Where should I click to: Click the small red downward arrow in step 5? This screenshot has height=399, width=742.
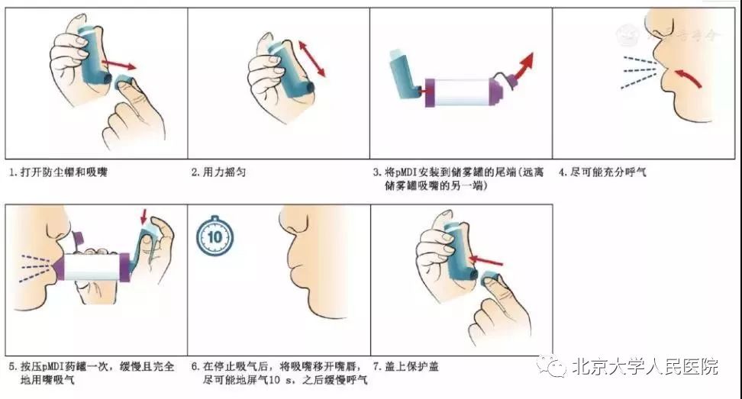click(144, 217)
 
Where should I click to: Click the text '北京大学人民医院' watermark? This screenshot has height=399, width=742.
click(645, 367)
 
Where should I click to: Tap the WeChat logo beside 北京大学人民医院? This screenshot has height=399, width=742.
click(553, 367)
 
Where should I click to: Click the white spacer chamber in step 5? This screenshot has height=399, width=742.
click(91, 268)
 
